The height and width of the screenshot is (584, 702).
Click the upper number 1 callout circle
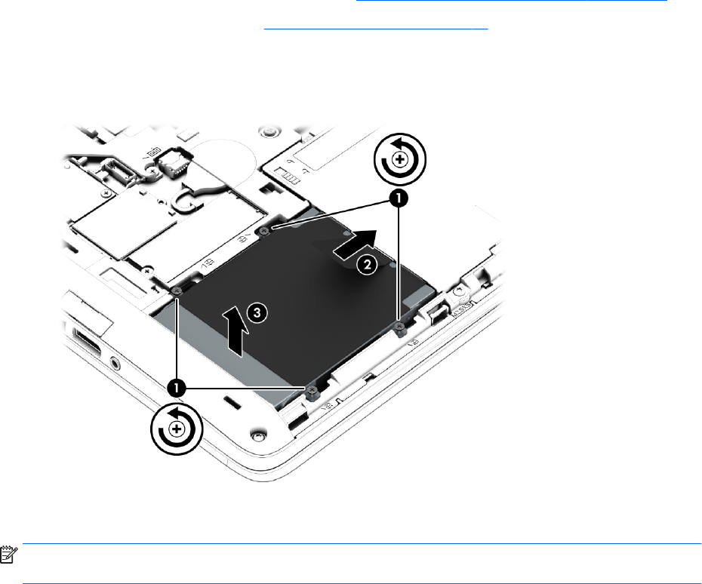point(398,198)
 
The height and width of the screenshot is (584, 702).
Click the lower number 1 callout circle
point(177,388)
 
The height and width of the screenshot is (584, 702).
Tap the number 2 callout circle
point(367,265)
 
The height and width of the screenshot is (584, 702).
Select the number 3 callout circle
point(257,312)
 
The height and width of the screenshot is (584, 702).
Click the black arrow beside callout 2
point(355,244)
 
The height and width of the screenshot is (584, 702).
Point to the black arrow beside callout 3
point(235,331)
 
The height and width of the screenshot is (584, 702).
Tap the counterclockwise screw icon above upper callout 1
point(400,159)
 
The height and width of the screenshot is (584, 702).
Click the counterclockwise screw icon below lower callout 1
point(177,429)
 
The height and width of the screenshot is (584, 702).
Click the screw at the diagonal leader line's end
point(265,231)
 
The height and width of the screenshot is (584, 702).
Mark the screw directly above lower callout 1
point(177,291)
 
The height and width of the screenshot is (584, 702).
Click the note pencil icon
point(8,554)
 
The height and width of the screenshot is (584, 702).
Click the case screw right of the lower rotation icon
point(258,435)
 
